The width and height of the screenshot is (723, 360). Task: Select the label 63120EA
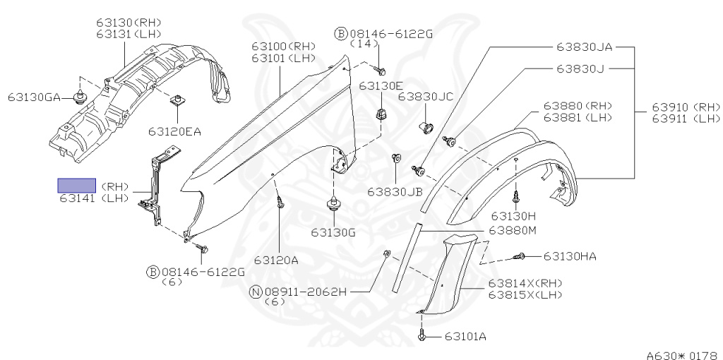(174, 131)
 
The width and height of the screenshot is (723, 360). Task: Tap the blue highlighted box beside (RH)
(76, 186)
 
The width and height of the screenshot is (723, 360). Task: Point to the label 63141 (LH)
(93, 199)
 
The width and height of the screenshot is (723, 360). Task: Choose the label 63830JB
(395, 191)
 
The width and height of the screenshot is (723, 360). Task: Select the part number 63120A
(276, 259)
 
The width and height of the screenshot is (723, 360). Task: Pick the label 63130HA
(570, 256)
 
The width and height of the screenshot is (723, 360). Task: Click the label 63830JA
(584, 47)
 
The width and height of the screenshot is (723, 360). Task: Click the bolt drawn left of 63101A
(422, 337)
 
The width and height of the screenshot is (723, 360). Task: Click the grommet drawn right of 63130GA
(80, 97)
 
